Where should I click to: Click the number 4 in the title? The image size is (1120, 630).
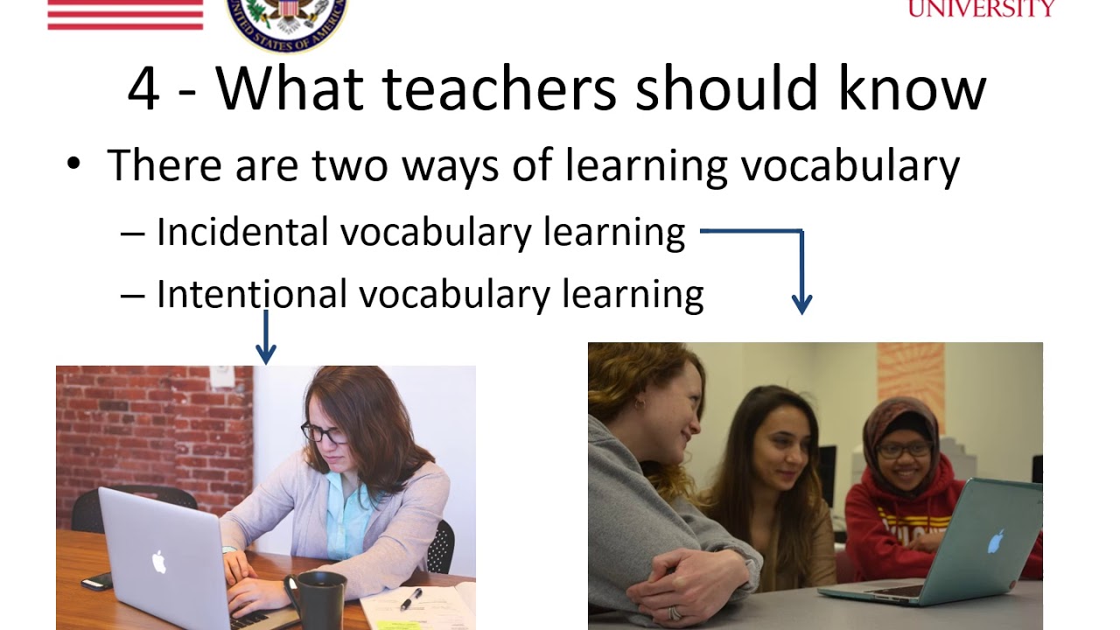click(144, 89)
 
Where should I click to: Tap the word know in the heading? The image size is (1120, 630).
click(911, 89)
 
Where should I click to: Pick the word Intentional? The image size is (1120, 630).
click(251, 295)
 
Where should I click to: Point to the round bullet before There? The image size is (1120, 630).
click(73, 164)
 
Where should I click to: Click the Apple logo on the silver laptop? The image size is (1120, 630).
click(158, 561)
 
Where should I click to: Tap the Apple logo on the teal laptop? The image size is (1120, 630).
click(995, 542)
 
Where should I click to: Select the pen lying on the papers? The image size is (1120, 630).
click(410, 598)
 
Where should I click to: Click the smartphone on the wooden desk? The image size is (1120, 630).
click(96, 581)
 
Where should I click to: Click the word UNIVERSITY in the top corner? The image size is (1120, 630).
click(981, 9)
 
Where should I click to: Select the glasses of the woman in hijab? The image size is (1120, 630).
click(903, 451)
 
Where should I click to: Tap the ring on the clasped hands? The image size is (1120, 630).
click(675, 613)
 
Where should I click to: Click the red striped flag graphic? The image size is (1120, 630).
click(125, 14)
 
